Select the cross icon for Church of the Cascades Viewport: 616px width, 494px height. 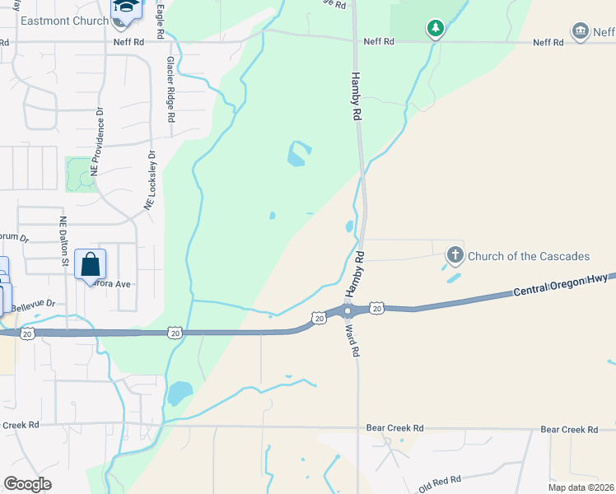[x=455, y=255]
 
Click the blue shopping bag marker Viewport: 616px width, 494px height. [x=90, y=265]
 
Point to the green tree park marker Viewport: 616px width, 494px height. [x=436, y=30]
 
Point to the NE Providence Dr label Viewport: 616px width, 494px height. [x=97, y=141]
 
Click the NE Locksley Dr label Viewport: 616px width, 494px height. [x=151, y=179]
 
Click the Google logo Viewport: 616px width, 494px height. [x=27, y=484]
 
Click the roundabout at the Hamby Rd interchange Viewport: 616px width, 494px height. [x=348, y=310]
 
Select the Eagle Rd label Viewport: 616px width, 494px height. [x=161, y=21]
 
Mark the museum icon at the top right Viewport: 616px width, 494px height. [x=581, y=31]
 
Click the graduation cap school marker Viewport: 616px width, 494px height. [x=126, y=7]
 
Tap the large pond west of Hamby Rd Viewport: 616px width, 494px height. [x=298, y=153]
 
